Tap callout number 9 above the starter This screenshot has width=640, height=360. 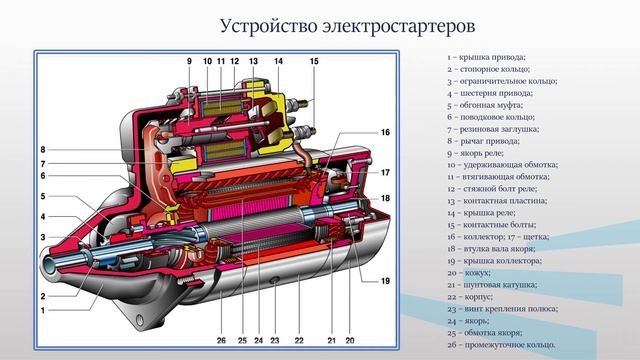(187, 62)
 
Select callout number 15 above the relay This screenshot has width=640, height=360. (314, 62)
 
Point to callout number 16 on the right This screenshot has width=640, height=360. (384, 132)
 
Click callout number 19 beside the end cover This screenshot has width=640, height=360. (384, 280)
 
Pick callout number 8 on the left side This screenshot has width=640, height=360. (43, 150)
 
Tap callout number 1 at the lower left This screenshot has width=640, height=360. (43, 311)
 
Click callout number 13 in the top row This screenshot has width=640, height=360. (254, 62)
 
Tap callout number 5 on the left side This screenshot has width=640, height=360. (43, 196)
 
